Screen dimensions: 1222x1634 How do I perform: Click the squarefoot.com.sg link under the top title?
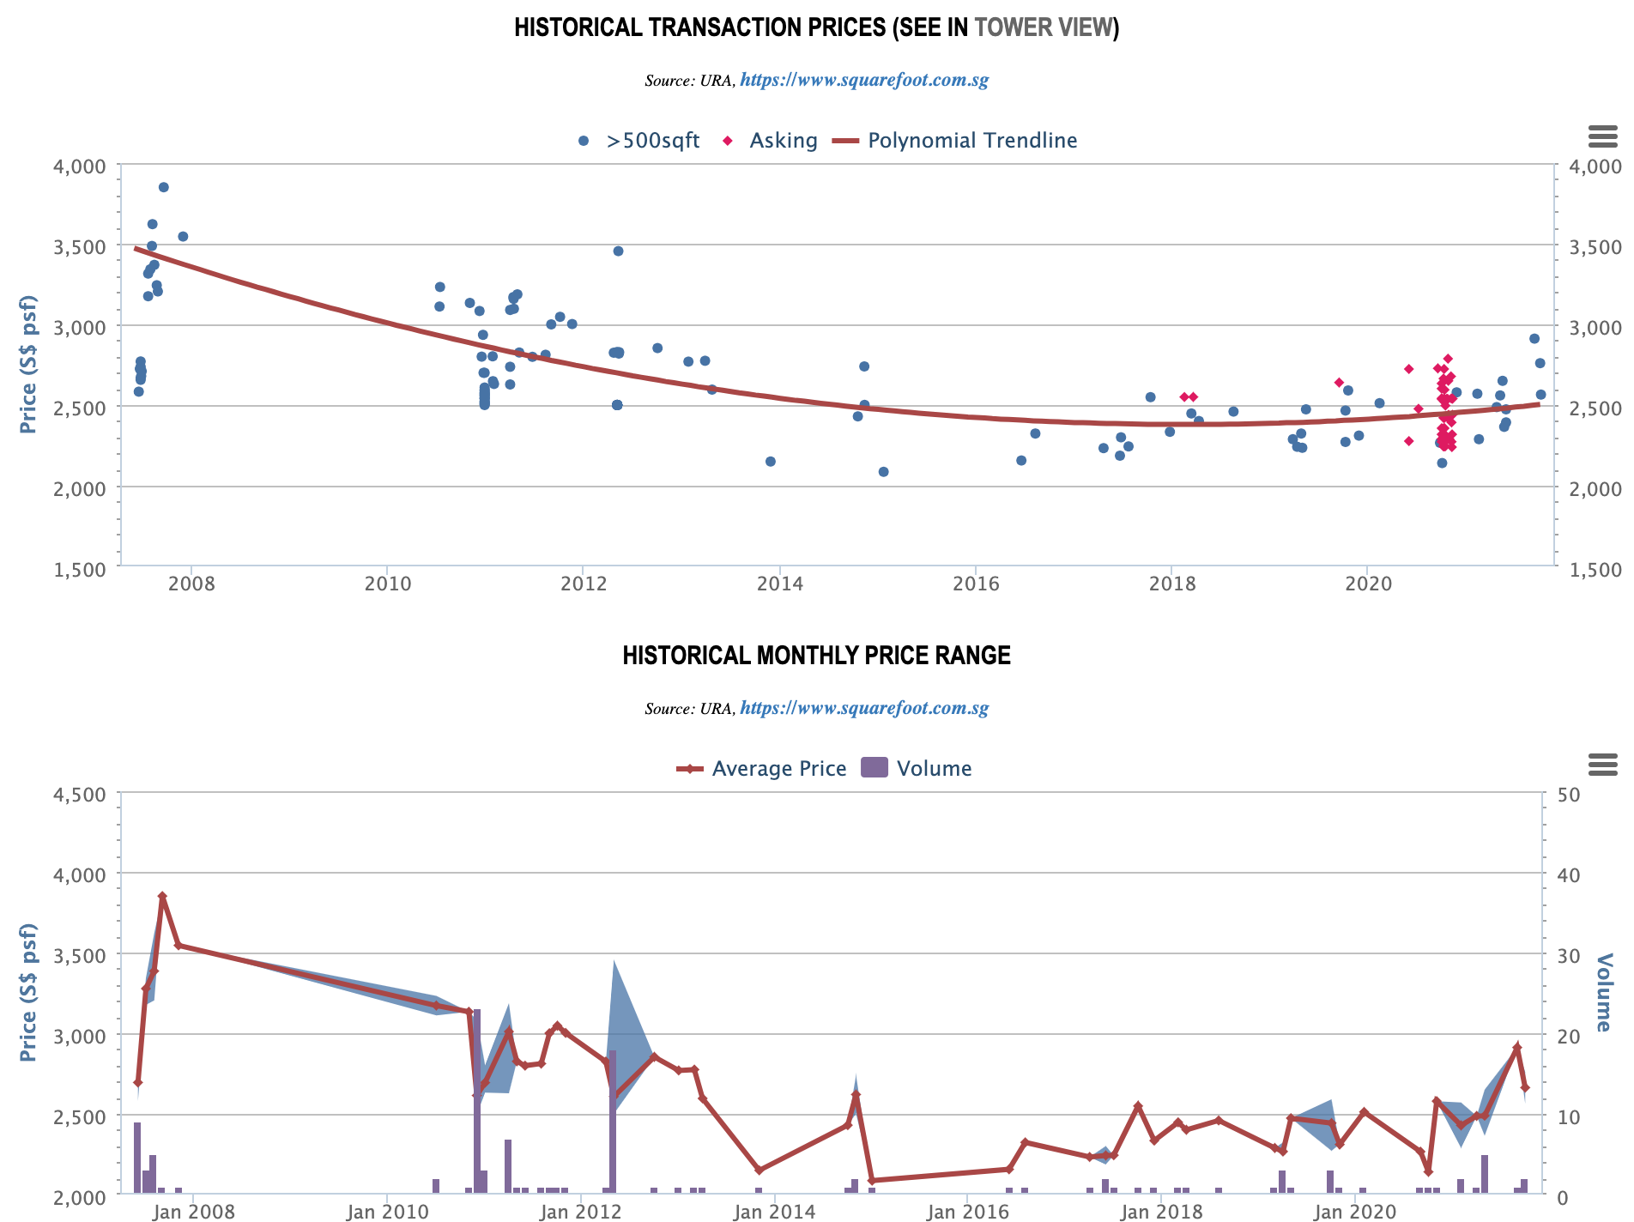(863, 80)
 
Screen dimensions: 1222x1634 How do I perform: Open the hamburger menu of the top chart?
(1602, 136)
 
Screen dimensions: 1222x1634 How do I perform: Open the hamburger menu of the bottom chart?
(1602, 764)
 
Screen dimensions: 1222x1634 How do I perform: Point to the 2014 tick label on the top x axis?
(779, 584)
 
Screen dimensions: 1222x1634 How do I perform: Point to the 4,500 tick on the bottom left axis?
(79, 795)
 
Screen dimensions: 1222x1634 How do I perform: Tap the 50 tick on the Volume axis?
(1568, 795)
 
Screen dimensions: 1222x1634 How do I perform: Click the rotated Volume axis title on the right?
(1603, 992)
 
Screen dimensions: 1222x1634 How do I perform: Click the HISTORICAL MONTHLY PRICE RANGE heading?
(816, 656)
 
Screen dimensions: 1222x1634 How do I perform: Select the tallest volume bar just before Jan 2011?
(477, 1100)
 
